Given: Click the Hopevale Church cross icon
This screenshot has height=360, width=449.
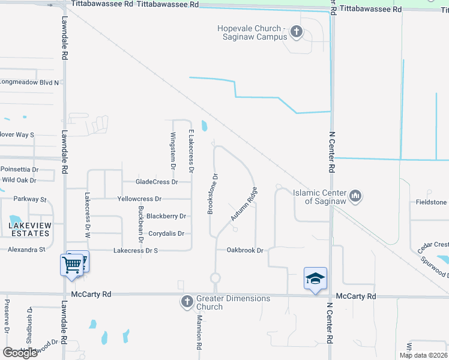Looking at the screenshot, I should click(x=295, y=31).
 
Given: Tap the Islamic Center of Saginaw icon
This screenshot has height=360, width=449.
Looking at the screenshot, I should click(x=355, y=196).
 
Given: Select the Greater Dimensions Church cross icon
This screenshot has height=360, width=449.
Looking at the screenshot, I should click(x=187, y=301).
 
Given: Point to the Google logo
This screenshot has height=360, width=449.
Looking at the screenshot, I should click(x=20, y=353).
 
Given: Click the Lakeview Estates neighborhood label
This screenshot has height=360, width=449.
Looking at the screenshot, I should click(x=29, y=229).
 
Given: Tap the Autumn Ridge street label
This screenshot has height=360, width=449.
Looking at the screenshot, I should click(x=244, y=208).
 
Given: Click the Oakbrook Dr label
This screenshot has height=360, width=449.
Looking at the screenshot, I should click(x=245, y=250).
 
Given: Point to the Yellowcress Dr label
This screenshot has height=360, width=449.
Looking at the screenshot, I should click(x=139, y=199).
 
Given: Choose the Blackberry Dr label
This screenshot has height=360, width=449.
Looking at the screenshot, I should click(x=166, y=216).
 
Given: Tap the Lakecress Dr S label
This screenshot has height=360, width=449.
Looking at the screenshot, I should click(x=135, y=250).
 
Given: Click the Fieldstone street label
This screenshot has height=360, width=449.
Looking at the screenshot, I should click(x=431, y=203).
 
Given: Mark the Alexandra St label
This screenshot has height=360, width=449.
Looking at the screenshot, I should click(x=26, y=249).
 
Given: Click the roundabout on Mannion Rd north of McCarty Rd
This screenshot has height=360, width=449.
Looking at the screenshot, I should click(x=215, y=278).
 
